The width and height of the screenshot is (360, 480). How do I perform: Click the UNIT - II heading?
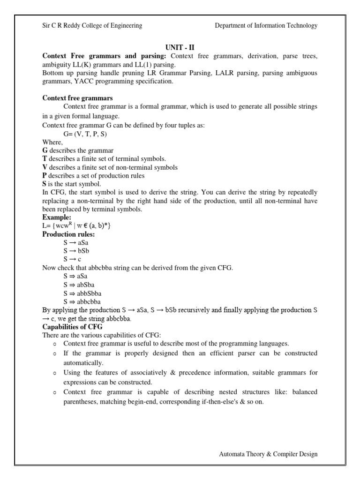[180, 47]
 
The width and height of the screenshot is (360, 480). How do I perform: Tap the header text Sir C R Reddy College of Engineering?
[92, 26]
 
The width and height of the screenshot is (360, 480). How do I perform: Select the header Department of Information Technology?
[266, 26]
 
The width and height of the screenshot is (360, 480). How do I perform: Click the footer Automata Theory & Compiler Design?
[268, 454]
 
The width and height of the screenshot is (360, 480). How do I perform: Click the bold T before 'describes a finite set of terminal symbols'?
[45, 159]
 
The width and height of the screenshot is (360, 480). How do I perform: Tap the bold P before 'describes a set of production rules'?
[45, 176]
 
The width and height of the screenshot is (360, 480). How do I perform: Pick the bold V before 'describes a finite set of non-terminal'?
[45, 167]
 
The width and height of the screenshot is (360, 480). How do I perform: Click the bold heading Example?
[57, 217]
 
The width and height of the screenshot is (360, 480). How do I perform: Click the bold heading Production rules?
[68, 234]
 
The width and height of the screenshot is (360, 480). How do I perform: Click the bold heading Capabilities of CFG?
[72, 327]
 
